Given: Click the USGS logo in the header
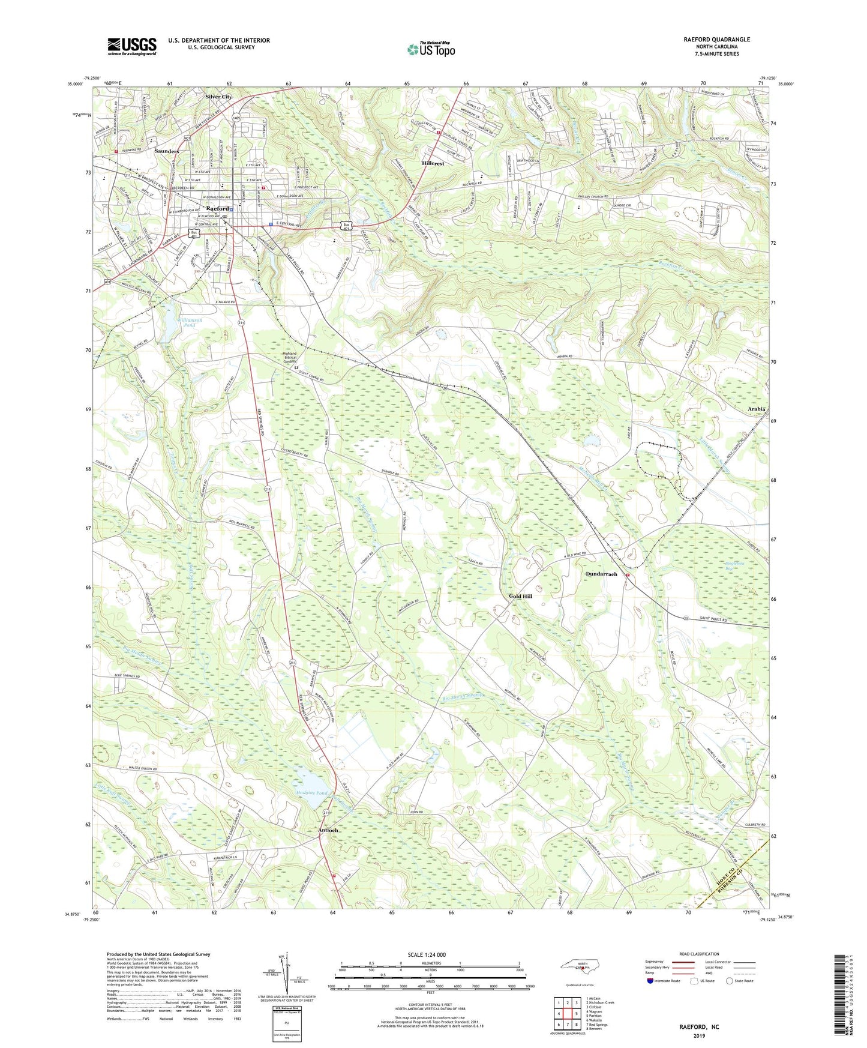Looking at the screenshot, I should pos(132,46).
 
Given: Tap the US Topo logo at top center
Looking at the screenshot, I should pos(430,49).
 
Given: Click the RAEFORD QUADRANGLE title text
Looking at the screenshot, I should pos(716,40).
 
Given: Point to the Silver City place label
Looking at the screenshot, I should pos(218,97).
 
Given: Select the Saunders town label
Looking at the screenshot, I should pos(166,151).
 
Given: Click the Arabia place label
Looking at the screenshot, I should pos(757,409).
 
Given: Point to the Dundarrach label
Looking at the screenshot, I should pos(601,574).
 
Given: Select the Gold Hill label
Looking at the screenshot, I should pos(520,596).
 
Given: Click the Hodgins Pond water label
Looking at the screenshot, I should pos(312,793).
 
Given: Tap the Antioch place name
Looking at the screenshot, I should pos(328,830).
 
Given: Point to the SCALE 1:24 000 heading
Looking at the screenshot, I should pos(431,955).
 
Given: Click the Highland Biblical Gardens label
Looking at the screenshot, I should pos(290,358).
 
